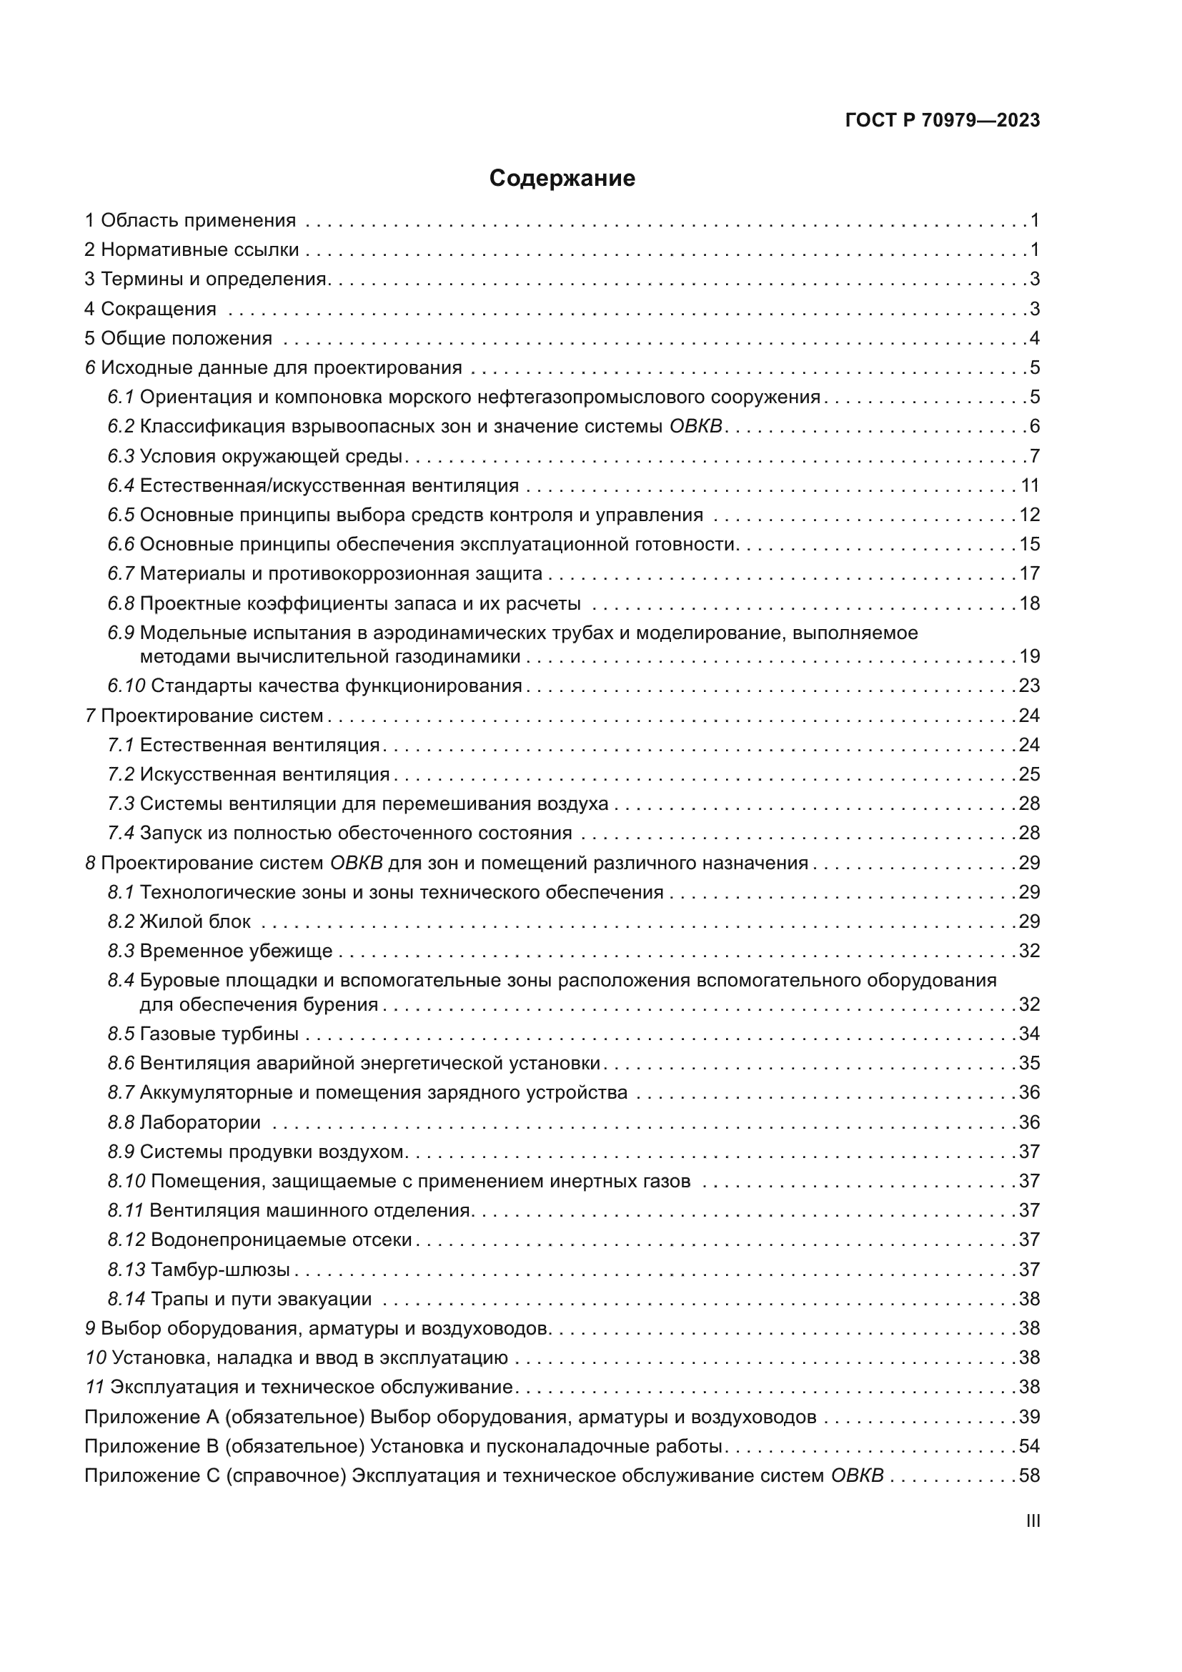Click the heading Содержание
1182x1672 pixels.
(562, 179)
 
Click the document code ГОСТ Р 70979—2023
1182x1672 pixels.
(943, 121)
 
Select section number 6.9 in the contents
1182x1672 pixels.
(121, 633)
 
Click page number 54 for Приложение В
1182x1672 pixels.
(1029, 1445)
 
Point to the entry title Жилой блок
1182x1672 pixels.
(195, 921)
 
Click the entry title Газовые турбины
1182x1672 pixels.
(219, 1034)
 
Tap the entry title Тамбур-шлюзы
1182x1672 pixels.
(221, 1270)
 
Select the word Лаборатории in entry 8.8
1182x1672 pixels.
(200, 1122)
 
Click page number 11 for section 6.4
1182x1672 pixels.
(1030, 485)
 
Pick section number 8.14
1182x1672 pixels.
(126, 1298)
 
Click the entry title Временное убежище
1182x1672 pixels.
(236, 950)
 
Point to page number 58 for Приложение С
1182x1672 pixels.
(1029, 1475)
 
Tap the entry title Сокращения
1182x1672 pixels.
(159, 309)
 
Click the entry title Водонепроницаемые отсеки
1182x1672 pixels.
(282, 1240)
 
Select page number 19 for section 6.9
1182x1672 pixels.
(1029, 656)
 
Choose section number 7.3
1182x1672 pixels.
(121, 803)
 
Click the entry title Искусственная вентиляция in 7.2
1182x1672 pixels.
(265, 774)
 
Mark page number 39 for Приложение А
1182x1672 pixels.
(1029, 1416)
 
